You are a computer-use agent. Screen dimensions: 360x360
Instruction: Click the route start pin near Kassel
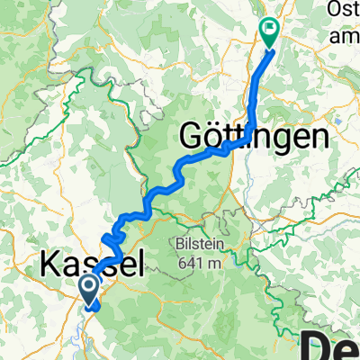click(91, 291)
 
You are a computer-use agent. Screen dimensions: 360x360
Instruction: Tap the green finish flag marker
click(270, 32)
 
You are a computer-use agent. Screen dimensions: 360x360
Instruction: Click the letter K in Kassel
click(50, 265)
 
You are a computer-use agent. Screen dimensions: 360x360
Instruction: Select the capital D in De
click(315, 345)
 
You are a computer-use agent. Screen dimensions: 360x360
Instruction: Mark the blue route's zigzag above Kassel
click(110, 240)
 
